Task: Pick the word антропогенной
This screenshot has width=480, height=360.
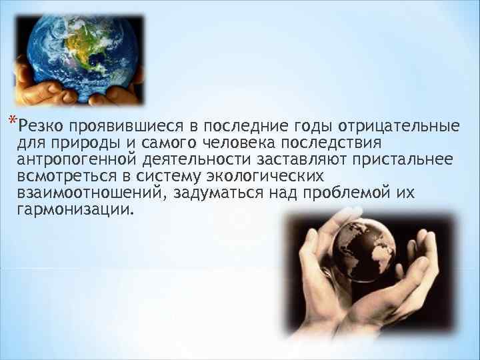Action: click(72, 161)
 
